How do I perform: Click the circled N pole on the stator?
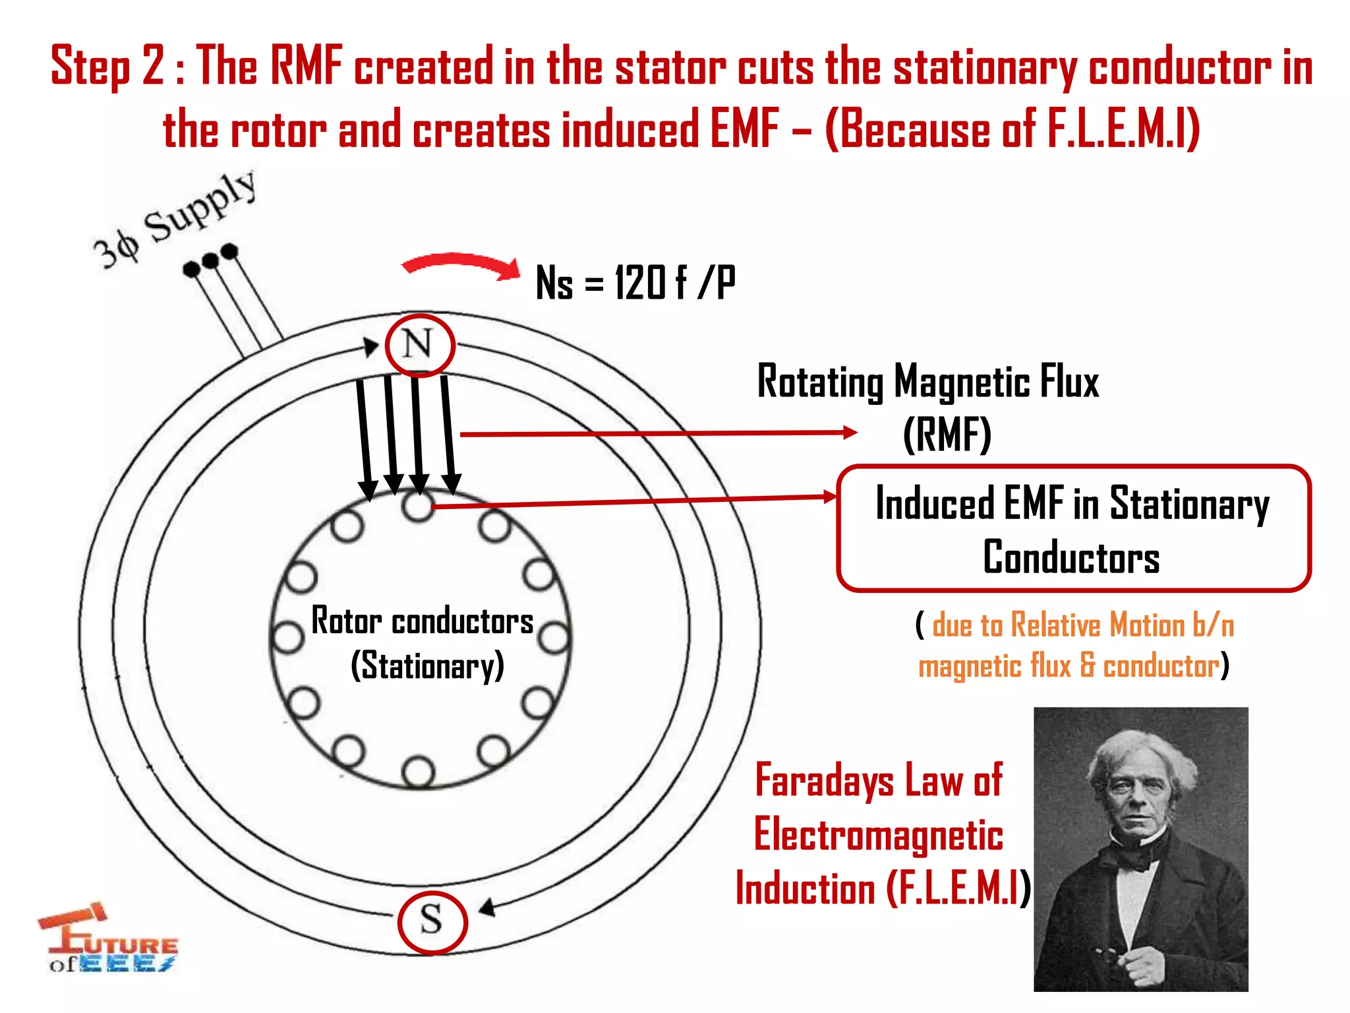click(x=420, y=345)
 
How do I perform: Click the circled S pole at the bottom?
click(x=432, y=921)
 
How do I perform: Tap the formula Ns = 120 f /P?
click(x=635, y=282)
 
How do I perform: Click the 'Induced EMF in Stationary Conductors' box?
click(x=1073, y=528)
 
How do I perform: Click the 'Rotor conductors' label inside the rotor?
click(x=422, y=621)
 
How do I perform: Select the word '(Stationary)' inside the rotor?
click(x=427, y=665)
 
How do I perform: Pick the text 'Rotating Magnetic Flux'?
click(x=927, y=383)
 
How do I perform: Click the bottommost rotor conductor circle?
click(x=418, y=772)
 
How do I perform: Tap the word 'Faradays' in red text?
click(x=824, y=781)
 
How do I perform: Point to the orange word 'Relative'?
click(x=1055, y=625)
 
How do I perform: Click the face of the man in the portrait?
click(x=1139, y=792)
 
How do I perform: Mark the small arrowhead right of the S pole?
click(x=487, y=908)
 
